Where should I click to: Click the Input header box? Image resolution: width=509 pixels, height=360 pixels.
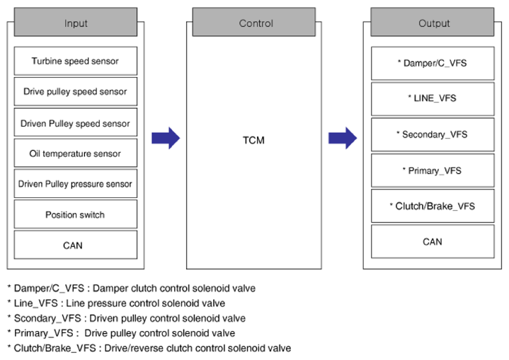click(x=76, y=22)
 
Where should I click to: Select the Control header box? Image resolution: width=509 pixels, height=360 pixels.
click(x=254, y=22)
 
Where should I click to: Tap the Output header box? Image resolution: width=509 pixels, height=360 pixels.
click(x=433, y=22)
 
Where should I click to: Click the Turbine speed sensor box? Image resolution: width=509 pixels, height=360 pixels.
click(x=76, y=61)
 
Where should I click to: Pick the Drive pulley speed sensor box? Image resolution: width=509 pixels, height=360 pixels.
click(x=76, y=91)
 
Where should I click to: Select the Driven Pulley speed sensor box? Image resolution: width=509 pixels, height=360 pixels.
click(x=76, y=122)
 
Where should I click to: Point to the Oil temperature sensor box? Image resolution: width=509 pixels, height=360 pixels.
click(x=76, y=153)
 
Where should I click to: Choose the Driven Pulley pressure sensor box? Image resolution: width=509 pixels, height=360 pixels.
click(x=76, y=184)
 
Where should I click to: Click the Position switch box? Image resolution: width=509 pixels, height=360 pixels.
click(x=76, y=214)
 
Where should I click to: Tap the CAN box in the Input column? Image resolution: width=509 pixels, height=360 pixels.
click(x=76, y=245)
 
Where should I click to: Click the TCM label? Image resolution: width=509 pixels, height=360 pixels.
click(x=253, y=140)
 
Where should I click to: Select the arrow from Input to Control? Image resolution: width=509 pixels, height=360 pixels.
click(x=166, y=138)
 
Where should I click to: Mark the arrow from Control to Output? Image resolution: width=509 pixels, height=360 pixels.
click(x=343, y=138)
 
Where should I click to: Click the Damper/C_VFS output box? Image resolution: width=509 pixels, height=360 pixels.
click(x=433, y=63)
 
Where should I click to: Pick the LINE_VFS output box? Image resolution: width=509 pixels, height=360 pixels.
click(x=433, y=99)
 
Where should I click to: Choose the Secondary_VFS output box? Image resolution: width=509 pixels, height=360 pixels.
click(x=433, y=134)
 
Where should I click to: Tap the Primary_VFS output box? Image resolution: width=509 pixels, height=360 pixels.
click(x=433, y=170)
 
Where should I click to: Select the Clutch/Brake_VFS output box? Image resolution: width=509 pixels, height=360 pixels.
click(x=433, y=206)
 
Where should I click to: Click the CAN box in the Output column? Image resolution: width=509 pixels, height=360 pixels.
click(x=433, y=242)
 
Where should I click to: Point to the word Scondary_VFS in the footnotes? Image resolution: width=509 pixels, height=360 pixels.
click(x=47, y=318)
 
